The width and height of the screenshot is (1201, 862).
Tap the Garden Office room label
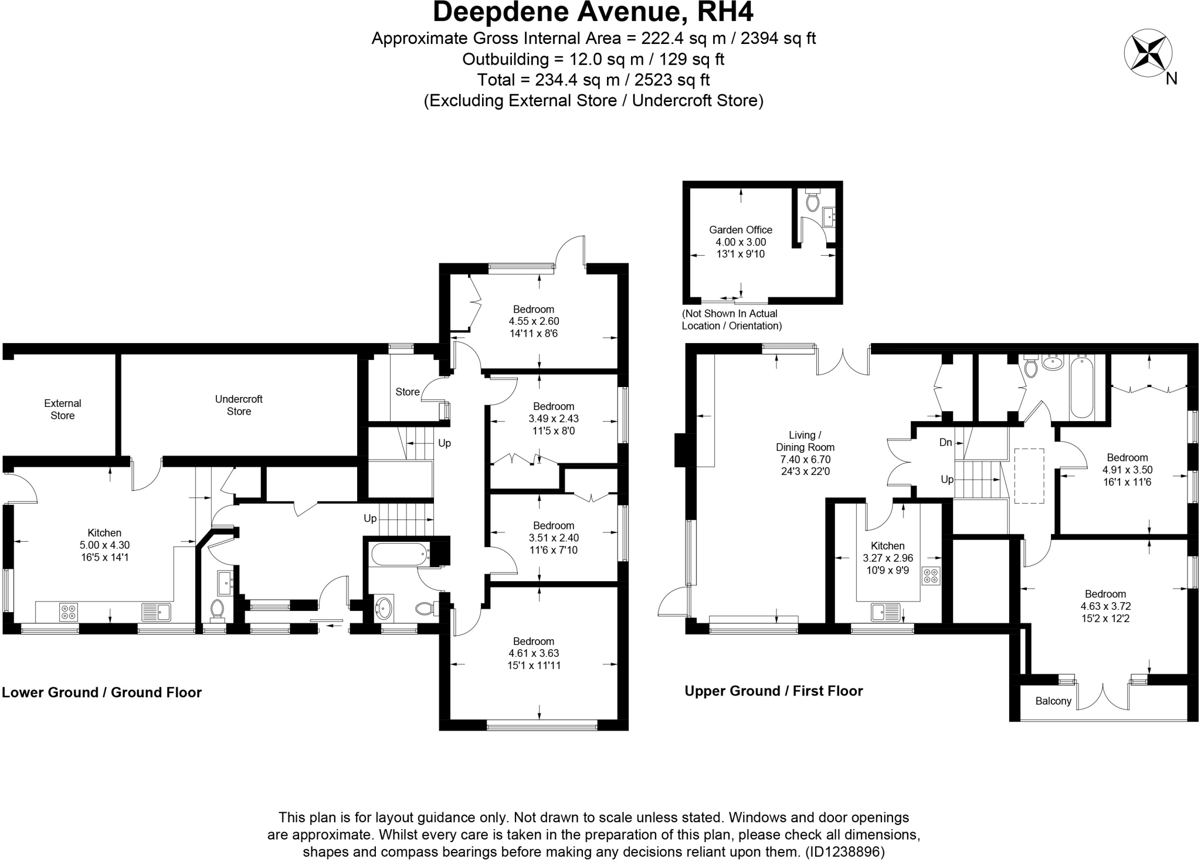[740, 230]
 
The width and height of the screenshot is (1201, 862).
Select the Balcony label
[1053, 701]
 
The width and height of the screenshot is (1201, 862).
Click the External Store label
[62, 409]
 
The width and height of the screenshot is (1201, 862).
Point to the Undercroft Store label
[239, 405]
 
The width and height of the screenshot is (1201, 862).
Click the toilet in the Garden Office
[812, 202]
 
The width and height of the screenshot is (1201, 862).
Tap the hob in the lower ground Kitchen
[69, 612]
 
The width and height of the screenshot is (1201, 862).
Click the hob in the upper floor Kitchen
[931, 575]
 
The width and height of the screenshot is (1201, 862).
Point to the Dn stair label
[945, 442]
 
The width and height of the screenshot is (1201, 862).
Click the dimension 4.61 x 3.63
[534, 653]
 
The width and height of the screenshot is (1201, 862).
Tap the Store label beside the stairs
[407, 392]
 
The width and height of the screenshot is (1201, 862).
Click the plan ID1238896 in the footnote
[845, 851]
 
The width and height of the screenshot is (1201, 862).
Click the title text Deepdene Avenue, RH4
[593, 12]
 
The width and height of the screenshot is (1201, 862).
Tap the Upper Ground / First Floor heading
[773, 691]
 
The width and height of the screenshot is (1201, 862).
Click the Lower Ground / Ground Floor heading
[102, 692]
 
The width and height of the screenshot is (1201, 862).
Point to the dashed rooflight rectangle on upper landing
[1029, 476]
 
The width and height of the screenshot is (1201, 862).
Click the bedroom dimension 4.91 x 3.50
[1127, 470]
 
